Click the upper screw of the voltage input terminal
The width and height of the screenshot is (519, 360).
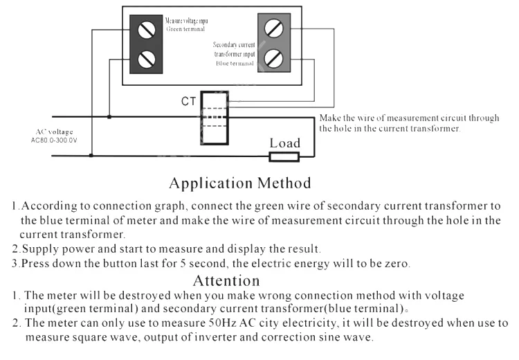coord(146,30)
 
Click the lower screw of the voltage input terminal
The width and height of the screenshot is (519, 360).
coord(146,59)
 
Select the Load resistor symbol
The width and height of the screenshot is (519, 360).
coord(284,156)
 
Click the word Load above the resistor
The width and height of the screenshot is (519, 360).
coord(284,143)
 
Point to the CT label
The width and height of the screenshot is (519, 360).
coord(188,102)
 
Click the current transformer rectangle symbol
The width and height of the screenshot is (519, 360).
coord(214,118)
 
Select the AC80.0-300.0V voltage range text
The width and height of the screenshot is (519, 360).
coord(54,141)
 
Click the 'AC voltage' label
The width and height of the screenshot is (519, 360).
coord(54,132)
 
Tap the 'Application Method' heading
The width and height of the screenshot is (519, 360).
coord(239,183)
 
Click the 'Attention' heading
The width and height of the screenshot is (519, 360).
coord(226,280)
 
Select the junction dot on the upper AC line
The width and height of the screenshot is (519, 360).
coord(109,117)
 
